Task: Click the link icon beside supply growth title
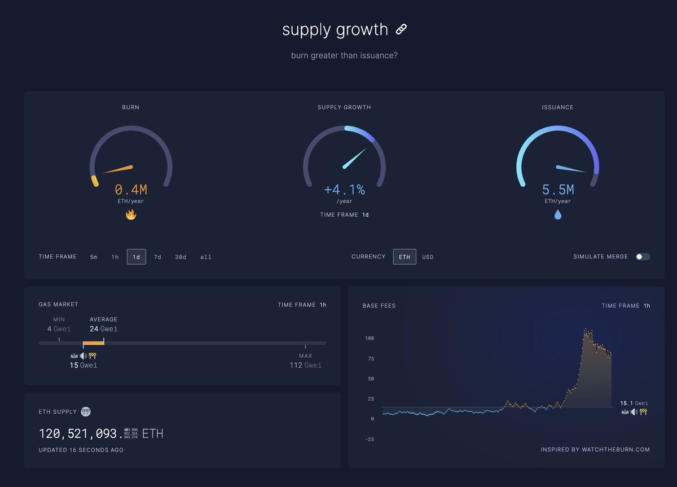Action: tap(401, 29)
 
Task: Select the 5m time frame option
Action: tap(94, 257)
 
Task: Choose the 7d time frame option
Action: tap(157, 257)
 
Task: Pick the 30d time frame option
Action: tap(181, 257)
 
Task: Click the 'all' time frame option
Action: tap(206, 257)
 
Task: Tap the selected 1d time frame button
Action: tap(137, 257)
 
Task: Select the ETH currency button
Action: tap(405, 257)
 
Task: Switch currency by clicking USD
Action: tap(428, 257)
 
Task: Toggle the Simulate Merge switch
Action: tap(643, 257)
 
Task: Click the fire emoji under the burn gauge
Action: tap(131, 214)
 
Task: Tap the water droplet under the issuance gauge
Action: tap(558, 214)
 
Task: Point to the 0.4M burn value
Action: tap(131, 190)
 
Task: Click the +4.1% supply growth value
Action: tap(344, 190)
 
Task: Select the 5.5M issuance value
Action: tap(558, 190)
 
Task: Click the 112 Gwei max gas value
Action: tap(305, 365)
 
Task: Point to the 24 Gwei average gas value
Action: tap(103, 329)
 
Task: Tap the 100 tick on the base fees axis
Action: tap(370, 339)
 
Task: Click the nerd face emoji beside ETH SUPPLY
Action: tap(86, 411)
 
